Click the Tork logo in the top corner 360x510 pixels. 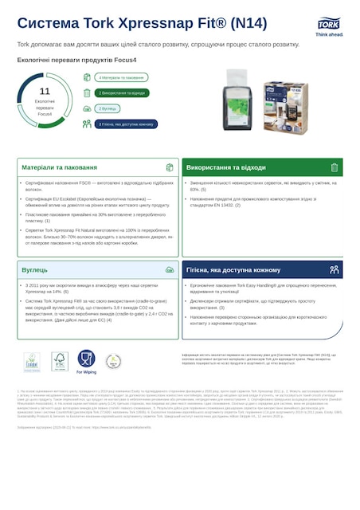(x=329, y=25)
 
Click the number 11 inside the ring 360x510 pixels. (x=45, y=92)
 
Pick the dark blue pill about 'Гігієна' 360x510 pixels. (x=125, y=124)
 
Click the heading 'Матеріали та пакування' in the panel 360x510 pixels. (x=55, y=168)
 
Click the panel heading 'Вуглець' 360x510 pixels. (x=35, y=270)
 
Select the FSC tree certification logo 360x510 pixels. (x=59, y=361)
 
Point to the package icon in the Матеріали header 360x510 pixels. (x=170, y=168)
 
